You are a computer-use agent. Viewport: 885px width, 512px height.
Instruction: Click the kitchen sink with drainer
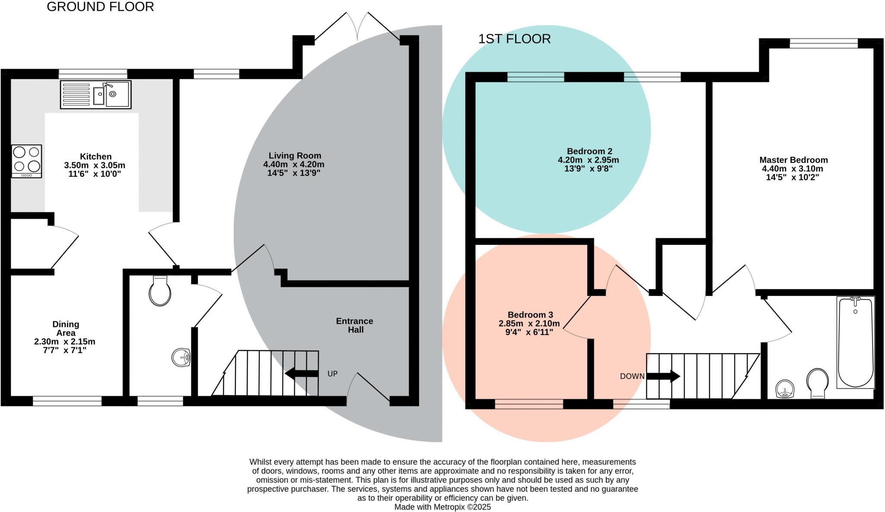click(96, 94)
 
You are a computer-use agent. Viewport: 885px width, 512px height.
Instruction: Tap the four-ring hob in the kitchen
click(27, 161)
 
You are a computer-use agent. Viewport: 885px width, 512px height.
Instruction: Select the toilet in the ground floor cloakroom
click(160, 291)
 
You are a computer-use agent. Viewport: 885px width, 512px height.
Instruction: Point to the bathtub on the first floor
click(855, 342)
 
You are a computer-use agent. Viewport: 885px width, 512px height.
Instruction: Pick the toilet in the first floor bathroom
click(818, 383)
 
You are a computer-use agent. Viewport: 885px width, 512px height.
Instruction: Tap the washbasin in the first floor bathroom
click(785, 388)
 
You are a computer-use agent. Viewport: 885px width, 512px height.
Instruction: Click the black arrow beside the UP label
click(302, 374)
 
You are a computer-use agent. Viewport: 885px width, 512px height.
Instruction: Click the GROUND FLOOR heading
click(100, 7)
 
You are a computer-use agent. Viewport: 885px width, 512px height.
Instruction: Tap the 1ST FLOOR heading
click(514, 39)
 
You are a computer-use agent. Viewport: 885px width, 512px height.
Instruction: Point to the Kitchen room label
click(96, 156)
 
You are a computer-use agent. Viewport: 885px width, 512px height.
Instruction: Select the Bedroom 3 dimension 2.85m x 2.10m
click(529, 324)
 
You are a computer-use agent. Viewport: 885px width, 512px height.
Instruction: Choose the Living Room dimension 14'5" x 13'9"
click(294, 173)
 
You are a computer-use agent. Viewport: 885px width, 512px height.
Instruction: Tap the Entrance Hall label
click(355, 325)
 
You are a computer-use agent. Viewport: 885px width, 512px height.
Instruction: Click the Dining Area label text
click(66, 328)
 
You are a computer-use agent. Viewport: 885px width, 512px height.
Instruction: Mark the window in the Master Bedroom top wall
click(824, 43)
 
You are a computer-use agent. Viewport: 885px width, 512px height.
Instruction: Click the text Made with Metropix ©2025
click(442, 507)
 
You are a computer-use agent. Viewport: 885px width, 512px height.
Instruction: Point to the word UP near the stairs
click(332, 374)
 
